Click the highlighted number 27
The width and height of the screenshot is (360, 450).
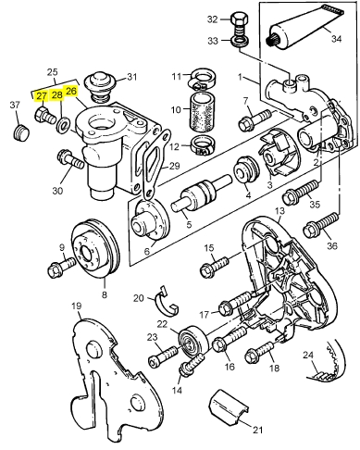[42, 96]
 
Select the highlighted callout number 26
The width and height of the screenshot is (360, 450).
[71, 92]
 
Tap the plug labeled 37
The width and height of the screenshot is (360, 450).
[21, 132]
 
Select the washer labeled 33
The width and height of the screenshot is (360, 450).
[239, 42]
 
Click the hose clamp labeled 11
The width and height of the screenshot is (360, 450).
[202, 79]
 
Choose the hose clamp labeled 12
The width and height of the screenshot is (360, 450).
[204, 146]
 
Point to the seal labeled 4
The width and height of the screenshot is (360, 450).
[245, 169]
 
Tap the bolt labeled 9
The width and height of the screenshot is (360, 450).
[61, 267]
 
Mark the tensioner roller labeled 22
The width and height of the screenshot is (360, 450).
[194, 341]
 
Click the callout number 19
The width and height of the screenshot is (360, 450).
[76, 306]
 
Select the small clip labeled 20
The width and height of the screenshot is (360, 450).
[167, 301]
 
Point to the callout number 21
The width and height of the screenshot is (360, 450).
[257, 429]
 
